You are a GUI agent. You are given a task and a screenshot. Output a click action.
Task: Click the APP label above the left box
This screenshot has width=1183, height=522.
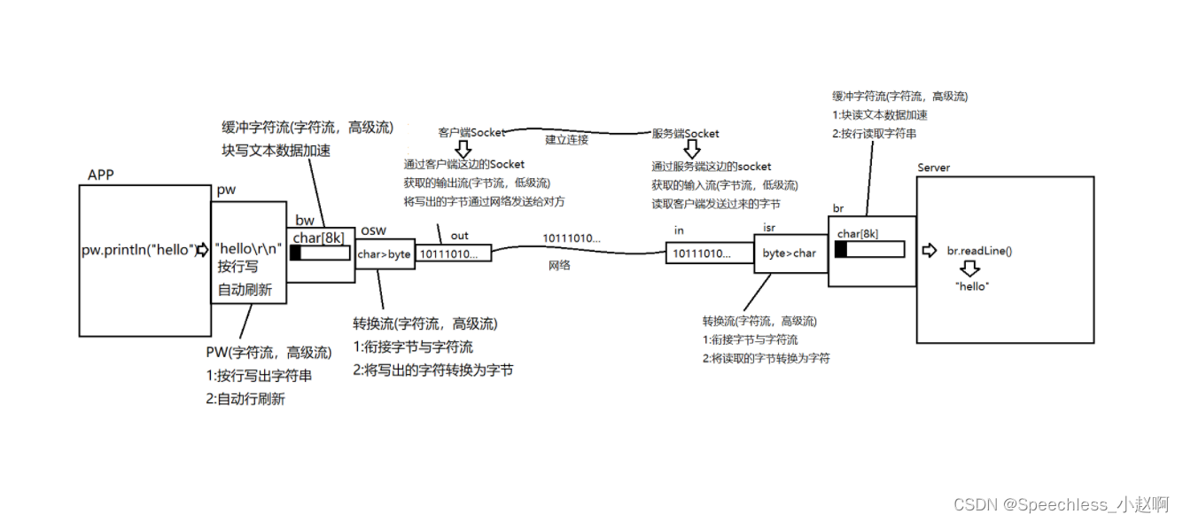(x=101, y=175)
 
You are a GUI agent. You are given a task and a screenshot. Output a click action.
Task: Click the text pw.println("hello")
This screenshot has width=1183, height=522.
(x=137, y=250)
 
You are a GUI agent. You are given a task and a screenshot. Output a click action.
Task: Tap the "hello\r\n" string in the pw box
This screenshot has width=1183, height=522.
(x=248, y=248)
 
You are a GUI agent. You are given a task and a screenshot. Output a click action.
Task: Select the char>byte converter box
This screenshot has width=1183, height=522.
(x=384, y=254)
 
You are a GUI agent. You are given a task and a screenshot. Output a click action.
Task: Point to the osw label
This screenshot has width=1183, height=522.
(x=373, y=230)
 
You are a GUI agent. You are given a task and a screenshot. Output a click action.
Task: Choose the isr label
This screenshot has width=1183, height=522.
(x=769, y=228)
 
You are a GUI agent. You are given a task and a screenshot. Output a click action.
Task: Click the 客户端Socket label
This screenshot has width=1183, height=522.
(x=471, y=133)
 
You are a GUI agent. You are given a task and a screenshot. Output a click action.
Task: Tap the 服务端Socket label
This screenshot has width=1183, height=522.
(x=685, y=134)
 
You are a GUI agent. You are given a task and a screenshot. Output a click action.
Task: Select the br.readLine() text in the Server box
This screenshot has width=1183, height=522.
(x=979, y=251)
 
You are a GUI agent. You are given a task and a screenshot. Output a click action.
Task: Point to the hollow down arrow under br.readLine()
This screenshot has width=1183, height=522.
(x=972, y=269)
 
